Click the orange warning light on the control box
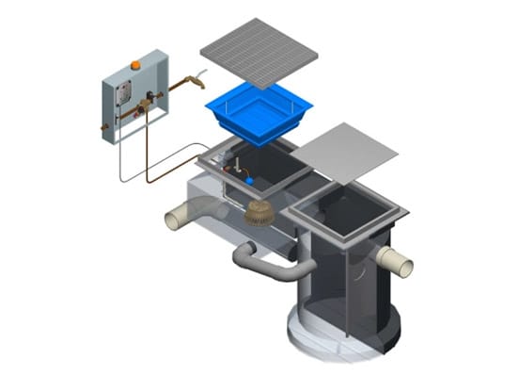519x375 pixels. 135,65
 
